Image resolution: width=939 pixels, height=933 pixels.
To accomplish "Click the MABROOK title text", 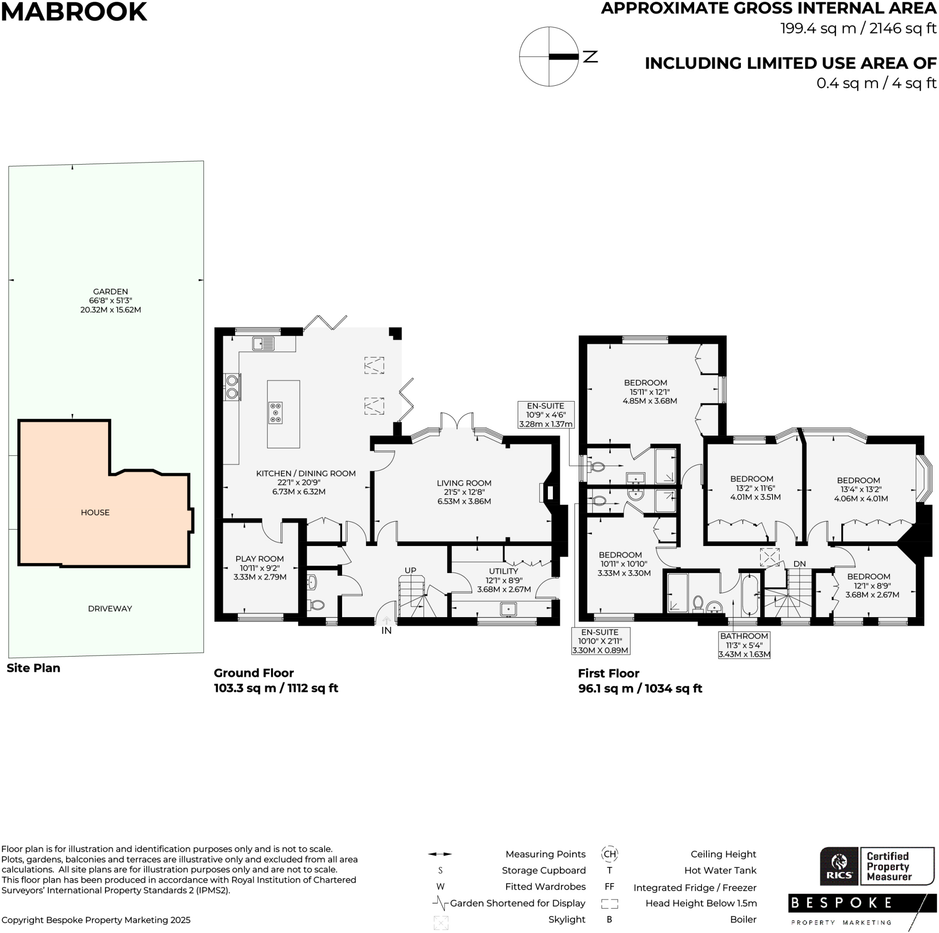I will tap(74, 11).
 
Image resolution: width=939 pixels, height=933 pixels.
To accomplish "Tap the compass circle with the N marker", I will tap(549, 56).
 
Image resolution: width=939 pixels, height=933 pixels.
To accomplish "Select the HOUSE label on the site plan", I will tap(95, 513).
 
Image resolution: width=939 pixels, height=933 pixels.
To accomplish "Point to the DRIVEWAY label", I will tap(110, 609).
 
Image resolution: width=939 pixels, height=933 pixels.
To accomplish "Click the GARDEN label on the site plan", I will tap(110, 292).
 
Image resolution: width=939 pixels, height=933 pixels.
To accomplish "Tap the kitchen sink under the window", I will tap(263, 344).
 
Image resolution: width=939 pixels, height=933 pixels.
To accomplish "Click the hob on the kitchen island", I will tap(275, 413).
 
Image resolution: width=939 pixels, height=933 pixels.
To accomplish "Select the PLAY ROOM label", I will tap(260, 559).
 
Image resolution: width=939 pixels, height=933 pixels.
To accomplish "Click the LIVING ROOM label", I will tap(464, 483).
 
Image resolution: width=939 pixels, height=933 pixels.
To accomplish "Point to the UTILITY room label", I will tap(503, 571).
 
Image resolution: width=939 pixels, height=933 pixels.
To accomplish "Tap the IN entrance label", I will tap(387, 631).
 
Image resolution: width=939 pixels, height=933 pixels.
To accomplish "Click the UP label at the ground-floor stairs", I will tap(410, 570).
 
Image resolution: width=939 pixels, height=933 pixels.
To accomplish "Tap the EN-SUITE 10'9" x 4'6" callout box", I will tap(545, 414).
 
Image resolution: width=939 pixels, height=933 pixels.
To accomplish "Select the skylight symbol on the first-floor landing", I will tap(769, 558).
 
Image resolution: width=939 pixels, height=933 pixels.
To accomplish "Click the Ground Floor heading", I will tap(254, 673).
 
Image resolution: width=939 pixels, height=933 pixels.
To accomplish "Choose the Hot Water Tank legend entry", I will tap(720, 870).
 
